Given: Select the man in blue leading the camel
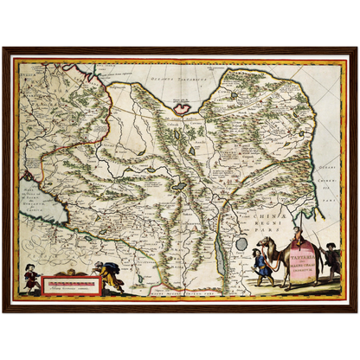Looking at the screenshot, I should [x=260, y=265].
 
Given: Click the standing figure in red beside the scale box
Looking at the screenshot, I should [x=31, y=278].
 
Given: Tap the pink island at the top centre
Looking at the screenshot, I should [x=182, y=108].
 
